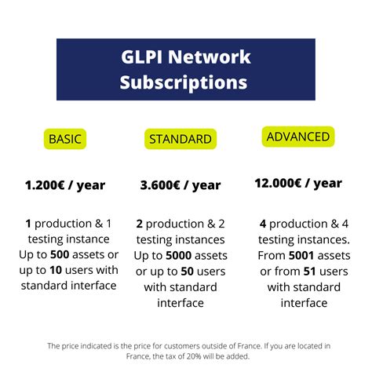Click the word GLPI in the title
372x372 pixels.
(144, 57)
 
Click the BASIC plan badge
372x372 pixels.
(65, 139)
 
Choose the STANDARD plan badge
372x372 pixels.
(180, 139)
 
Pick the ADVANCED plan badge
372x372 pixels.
(297, 137)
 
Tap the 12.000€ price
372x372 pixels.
(276, 183)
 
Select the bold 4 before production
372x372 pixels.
(262, 224)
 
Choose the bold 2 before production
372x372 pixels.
(139, 224)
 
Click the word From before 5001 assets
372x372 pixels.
(271, 255)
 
